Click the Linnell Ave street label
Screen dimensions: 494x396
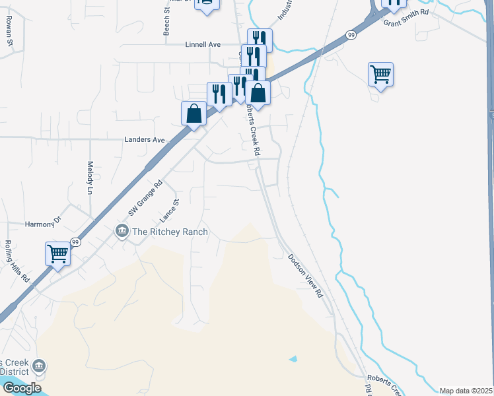[202, 44]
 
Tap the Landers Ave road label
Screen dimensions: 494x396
[144, 140]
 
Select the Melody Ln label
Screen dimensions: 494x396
[89, 178]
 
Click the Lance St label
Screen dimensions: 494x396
[170, 211]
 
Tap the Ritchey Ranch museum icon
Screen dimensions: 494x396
[122, 231]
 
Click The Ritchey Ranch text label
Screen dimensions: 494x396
[170, 232]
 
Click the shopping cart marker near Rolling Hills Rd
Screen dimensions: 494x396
[57, 252]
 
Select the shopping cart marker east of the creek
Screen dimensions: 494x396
[381, 74]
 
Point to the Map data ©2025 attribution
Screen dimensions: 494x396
[466, 391]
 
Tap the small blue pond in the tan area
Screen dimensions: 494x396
[293, 359]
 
